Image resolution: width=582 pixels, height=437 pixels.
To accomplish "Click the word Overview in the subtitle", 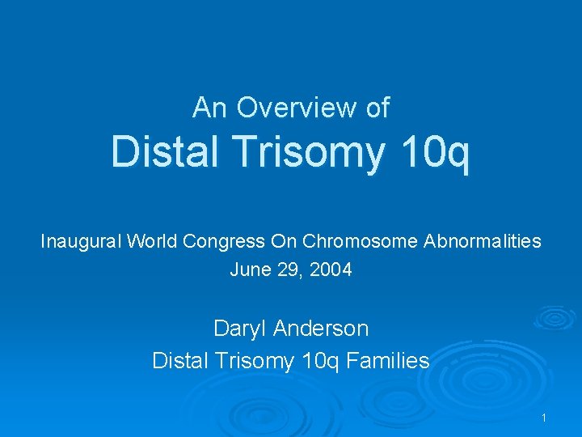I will tap(297, 108).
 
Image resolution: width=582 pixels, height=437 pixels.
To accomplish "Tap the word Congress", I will tap(227, 241).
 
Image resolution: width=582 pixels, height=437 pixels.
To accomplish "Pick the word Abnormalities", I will tap(479, 241).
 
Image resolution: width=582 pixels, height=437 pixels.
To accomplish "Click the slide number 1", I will tap(545, 418).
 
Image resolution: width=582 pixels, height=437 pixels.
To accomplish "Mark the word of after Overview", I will tap(377, 108).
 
